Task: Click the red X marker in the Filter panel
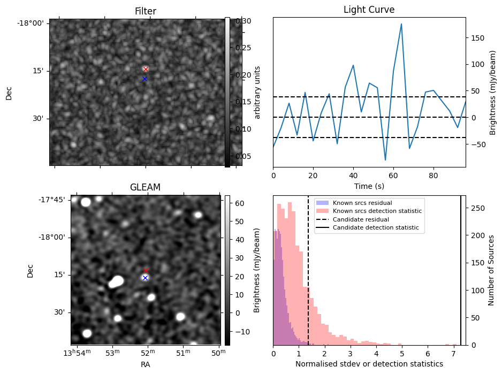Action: point(146,69)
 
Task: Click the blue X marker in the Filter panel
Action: point(144,79)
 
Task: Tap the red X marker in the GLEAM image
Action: point(146,270)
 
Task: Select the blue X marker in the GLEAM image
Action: point(145,278)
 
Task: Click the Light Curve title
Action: point(369,10)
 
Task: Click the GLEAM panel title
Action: point(145,187)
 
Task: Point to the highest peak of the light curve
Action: point(401,24)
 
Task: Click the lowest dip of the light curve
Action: point(385,160)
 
